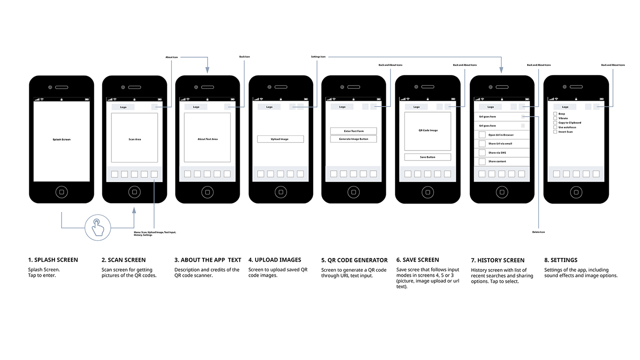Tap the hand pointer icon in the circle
pyautogui.click(x=98, y=228)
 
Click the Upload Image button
pyautogui.click(x=280, y=139)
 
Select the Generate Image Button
pyautogui.click(x=353, y=139)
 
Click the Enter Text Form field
pyautogui.click(x=353, y=131)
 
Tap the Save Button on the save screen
pyautogui.click(x=427, y=157)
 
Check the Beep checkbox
pyautogui.click(x=555, y=114)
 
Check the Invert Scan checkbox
pyautogui.click(x=555, y=132)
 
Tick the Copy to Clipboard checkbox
pyautogui.click(x=555, y=123)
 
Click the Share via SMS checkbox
pyautogui.click(x=482, y=153)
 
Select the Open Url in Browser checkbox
pyautogui.click(x=482, y=134)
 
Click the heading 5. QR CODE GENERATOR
pyautogui.click(x=354, y=260)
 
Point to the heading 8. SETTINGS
pyautogui.click(x=560, y=260)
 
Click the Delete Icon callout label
pyautogui.click(x=539, y=232)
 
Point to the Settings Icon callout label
pyautogui.click(x=318, y=57)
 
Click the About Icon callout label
pyautogui.click(x=171, y=57)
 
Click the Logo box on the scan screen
pyautogui.click(x=123, y=107)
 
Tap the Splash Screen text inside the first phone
pyautogui.click(x=61, y=140)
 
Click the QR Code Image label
pyautogui.click(x=428, y=130)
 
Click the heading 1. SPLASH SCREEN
pyautogui.click(x=53, y=260)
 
